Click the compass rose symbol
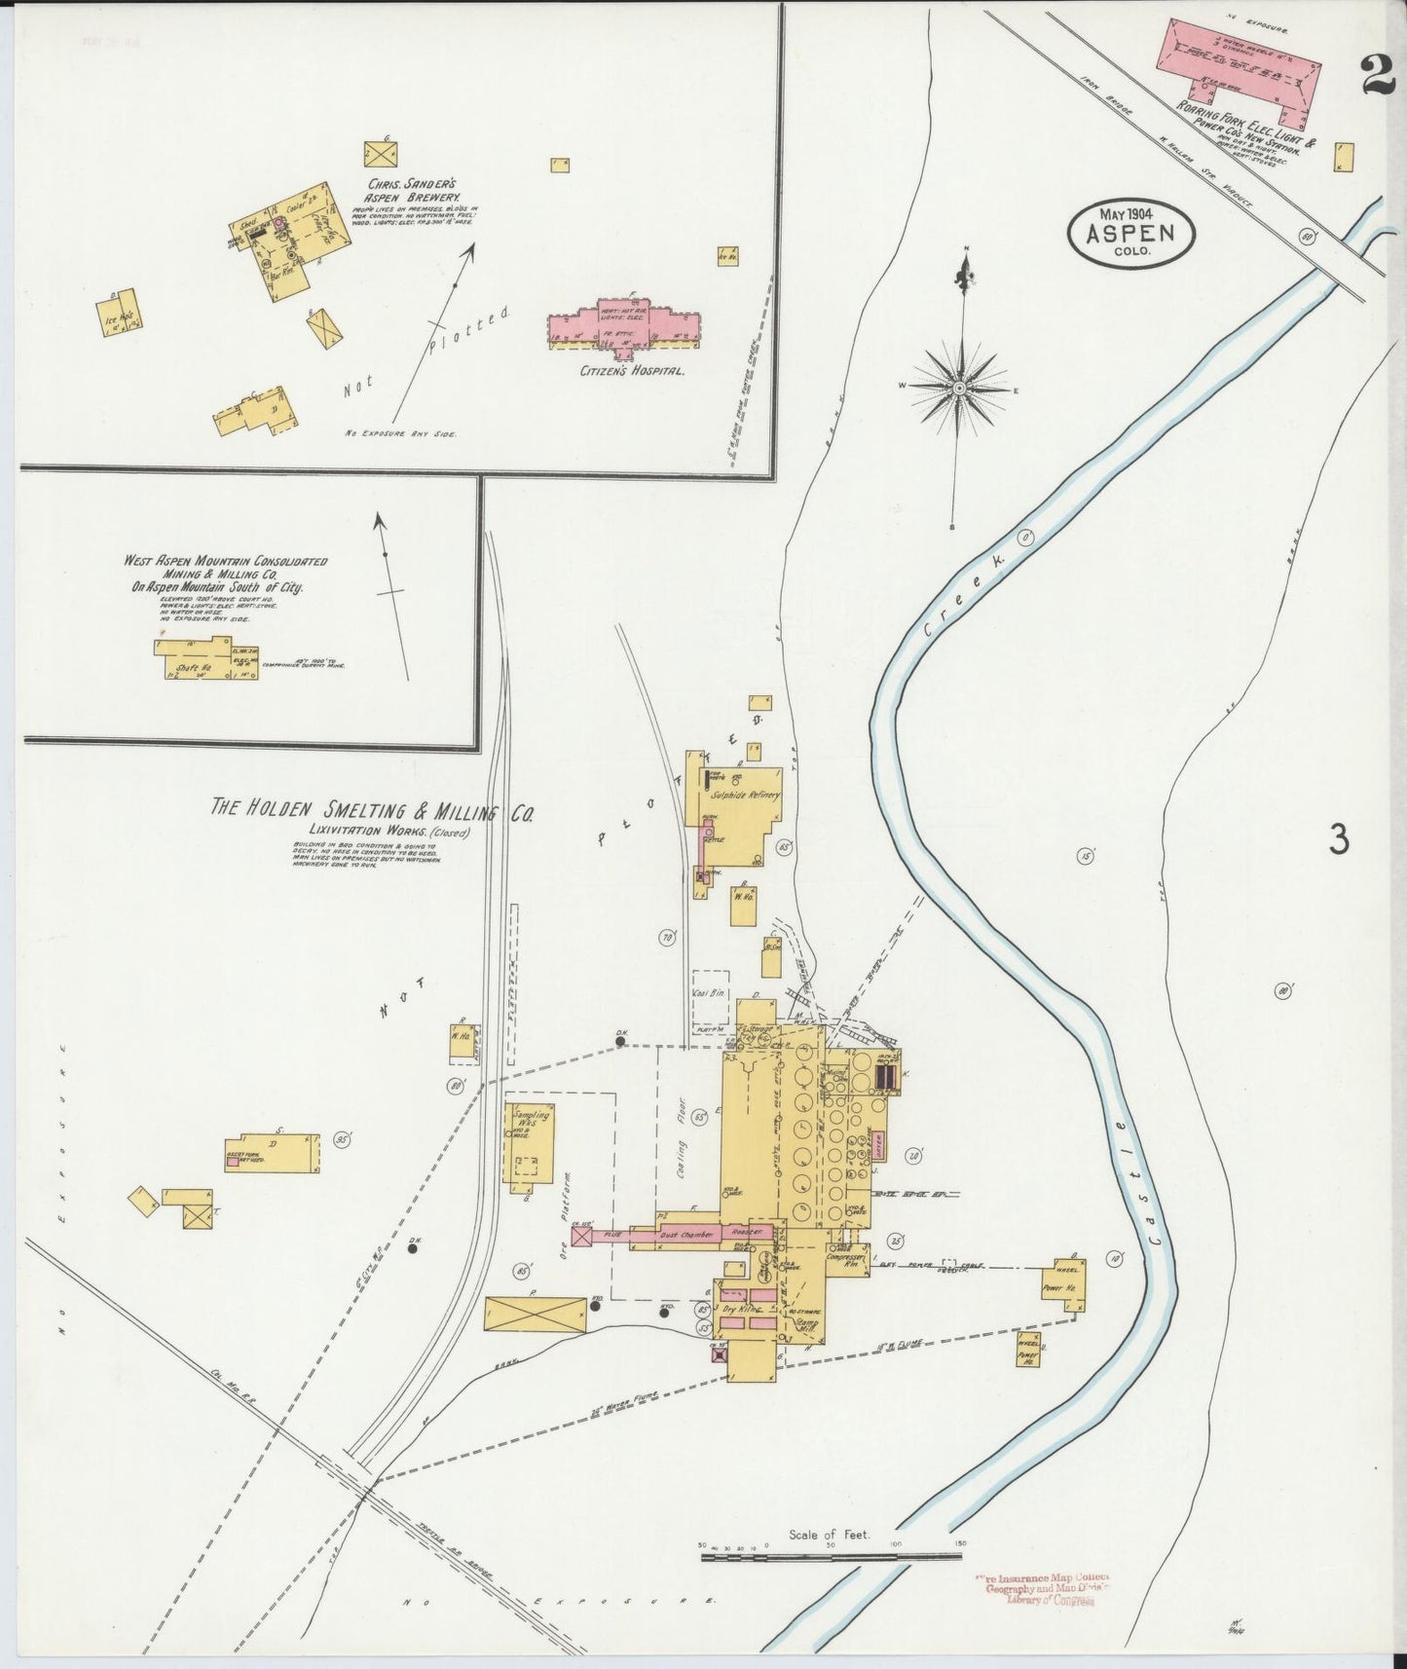[x=960, y=389]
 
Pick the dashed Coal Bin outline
[x=710, y=994]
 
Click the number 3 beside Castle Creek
[x=1340, y=839]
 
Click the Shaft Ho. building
[x=204, y=658]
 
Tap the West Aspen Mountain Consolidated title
[x=225, y=575]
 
